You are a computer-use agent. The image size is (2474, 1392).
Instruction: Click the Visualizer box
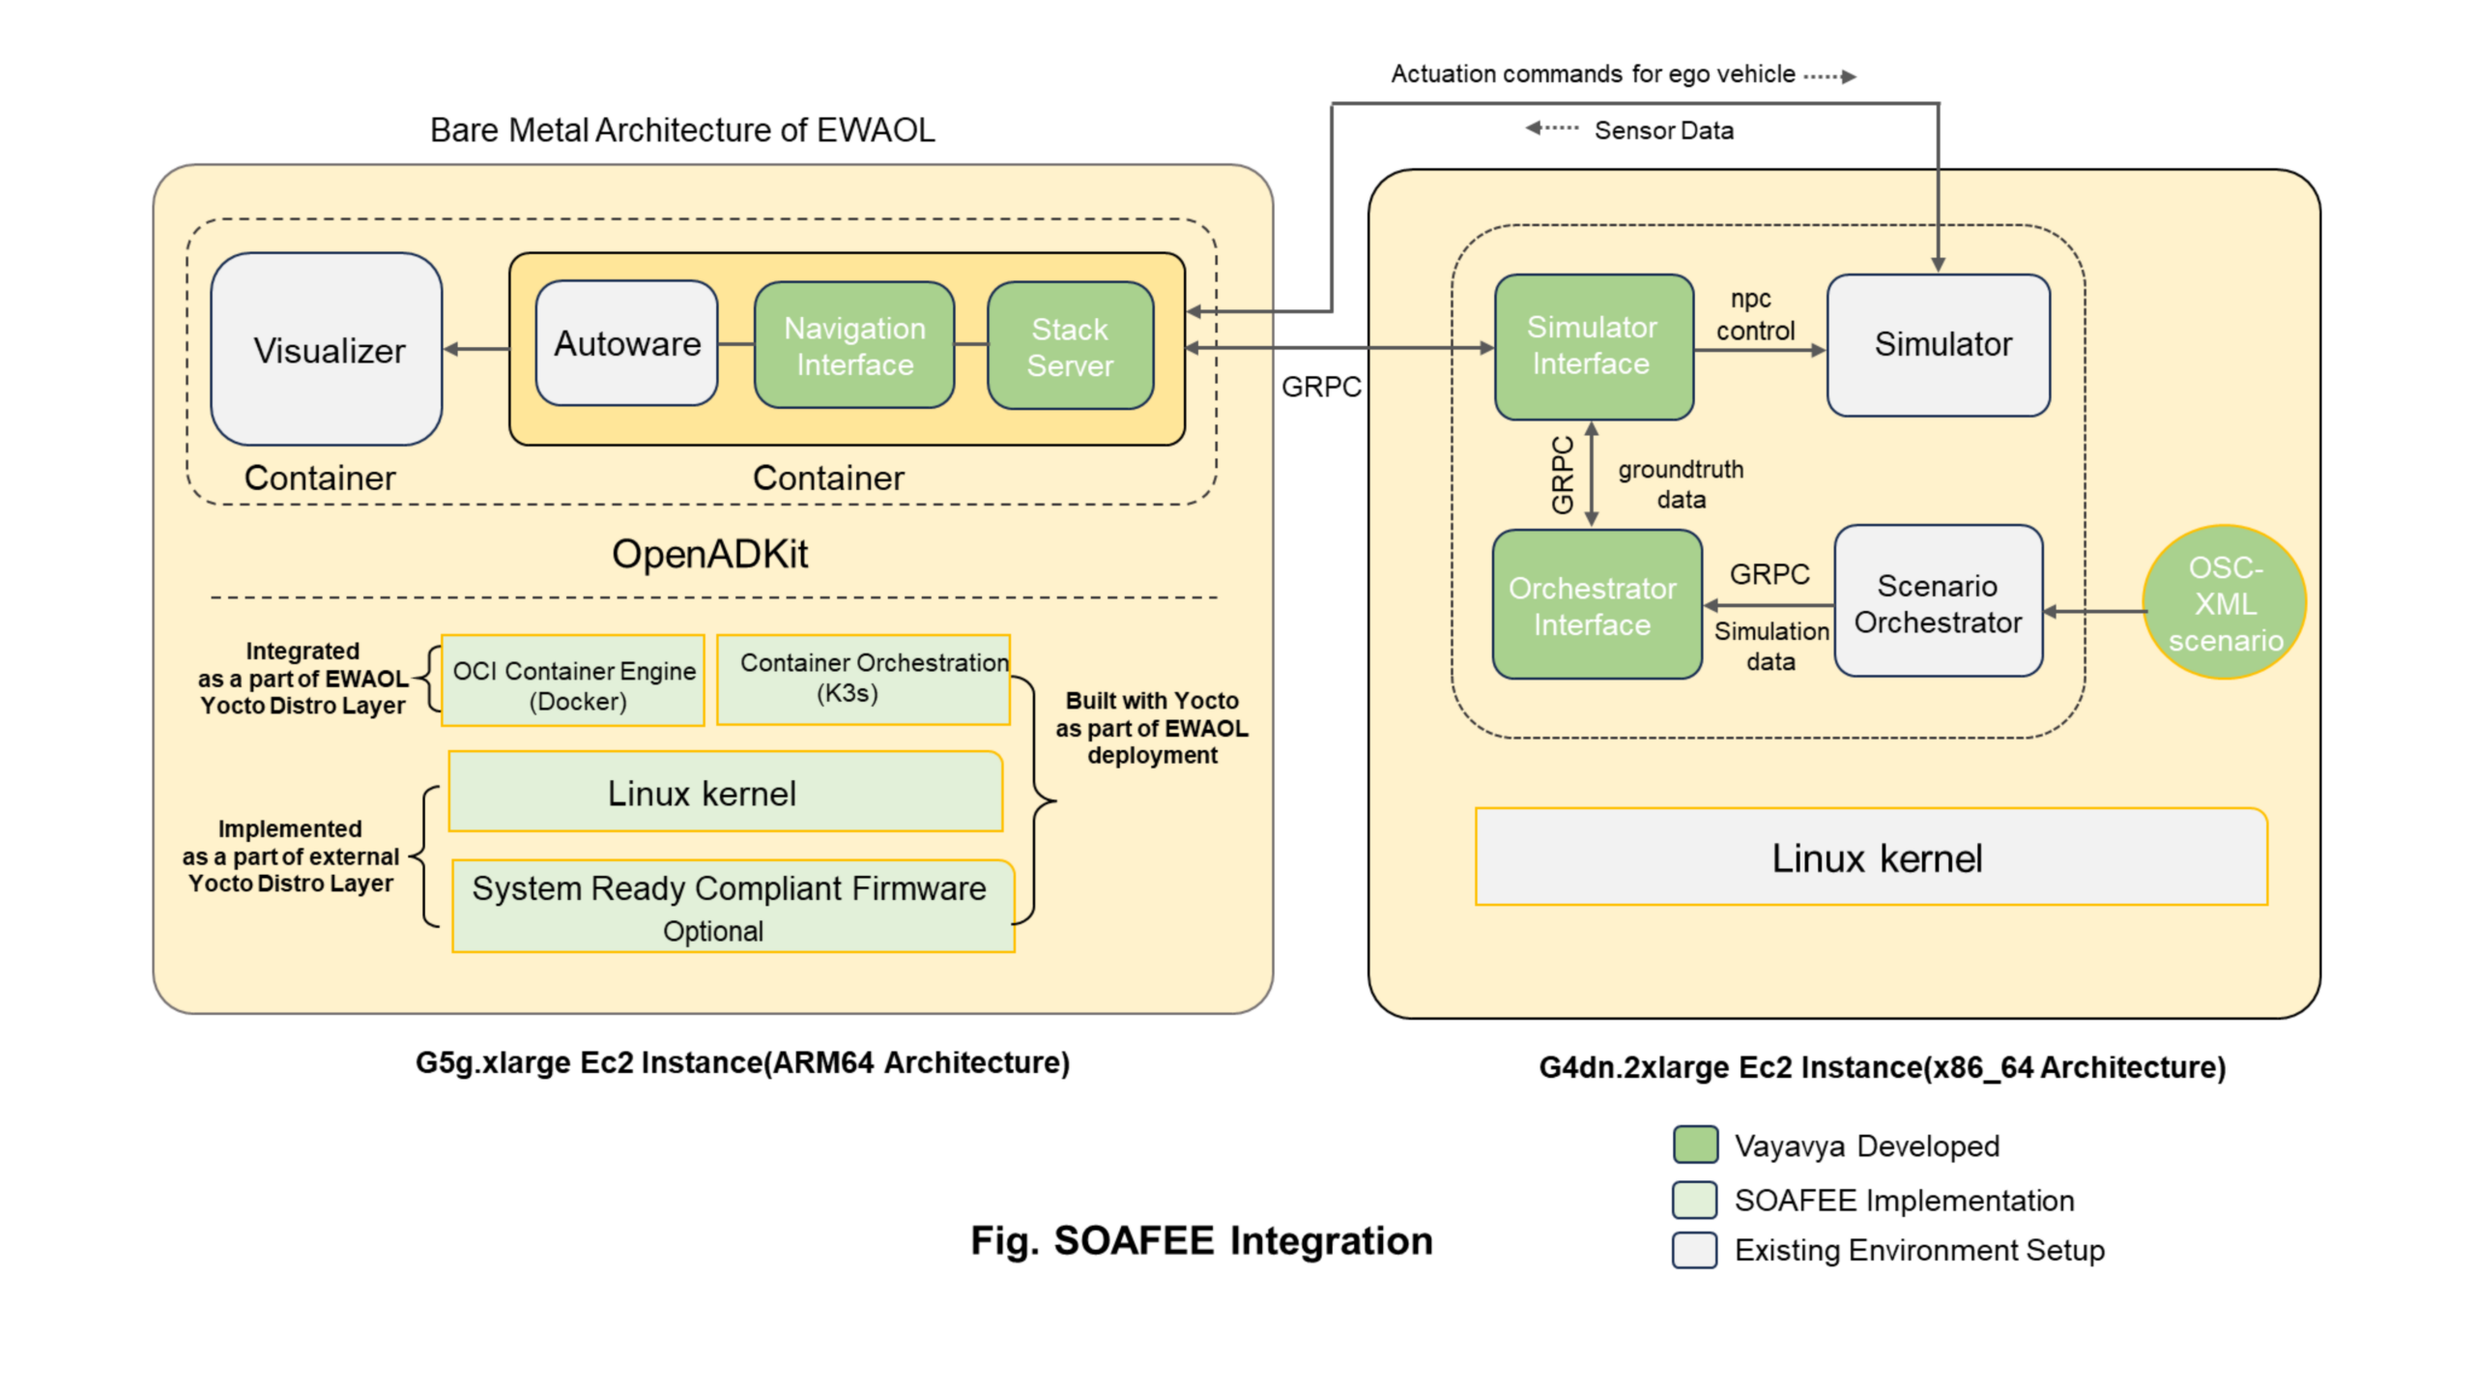327,349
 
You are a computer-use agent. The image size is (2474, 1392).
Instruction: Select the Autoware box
626,343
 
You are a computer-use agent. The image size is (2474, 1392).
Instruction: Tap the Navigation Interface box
854,345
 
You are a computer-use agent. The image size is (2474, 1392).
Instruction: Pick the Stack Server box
1070,346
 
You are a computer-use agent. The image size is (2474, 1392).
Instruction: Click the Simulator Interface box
1592,346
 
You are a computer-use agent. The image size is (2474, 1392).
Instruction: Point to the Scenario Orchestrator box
1938,603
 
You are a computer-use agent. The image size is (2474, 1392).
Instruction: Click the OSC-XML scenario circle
2224,603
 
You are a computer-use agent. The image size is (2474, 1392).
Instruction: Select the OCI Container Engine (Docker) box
573,682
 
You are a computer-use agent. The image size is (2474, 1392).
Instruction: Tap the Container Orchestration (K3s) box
863,680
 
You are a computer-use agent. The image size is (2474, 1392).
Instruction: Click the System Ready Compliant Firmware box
733,906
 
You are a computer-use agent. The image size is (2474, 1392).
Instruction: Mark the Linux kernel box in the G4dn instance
1870,857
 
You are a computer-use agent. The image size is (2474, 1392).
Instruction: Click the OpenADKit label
709,554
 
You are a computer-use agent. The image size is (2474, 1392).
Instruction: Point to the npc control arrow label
1754,315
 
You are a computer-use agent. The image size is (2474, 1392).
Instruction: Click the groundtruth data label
1681,484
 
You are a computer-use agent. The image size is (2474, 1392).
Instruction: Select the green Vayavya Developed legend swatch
1694,1145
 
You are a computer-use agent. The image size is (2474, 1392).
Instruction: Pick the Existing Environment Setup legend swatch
1694,1250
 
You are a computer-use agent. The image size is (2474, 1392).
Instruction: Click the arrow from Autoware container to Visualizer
476,349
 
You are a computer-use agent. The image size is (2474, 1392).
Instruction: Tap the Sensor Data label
1662,130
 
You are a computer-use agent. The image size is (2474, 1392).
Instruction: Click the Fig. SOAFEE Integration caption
1201,1240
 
